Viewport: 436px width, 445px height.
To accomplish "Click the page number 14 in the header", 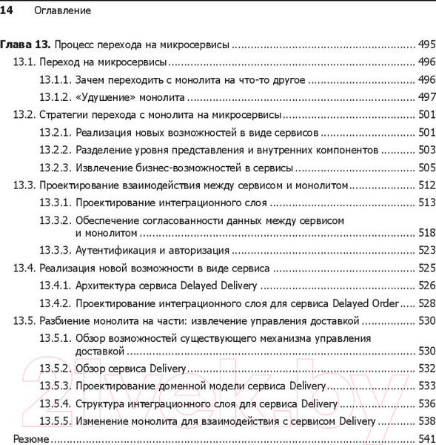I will click(10, 11).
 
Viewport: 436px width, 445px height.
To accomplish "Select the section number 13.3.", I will click(24, 185).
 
